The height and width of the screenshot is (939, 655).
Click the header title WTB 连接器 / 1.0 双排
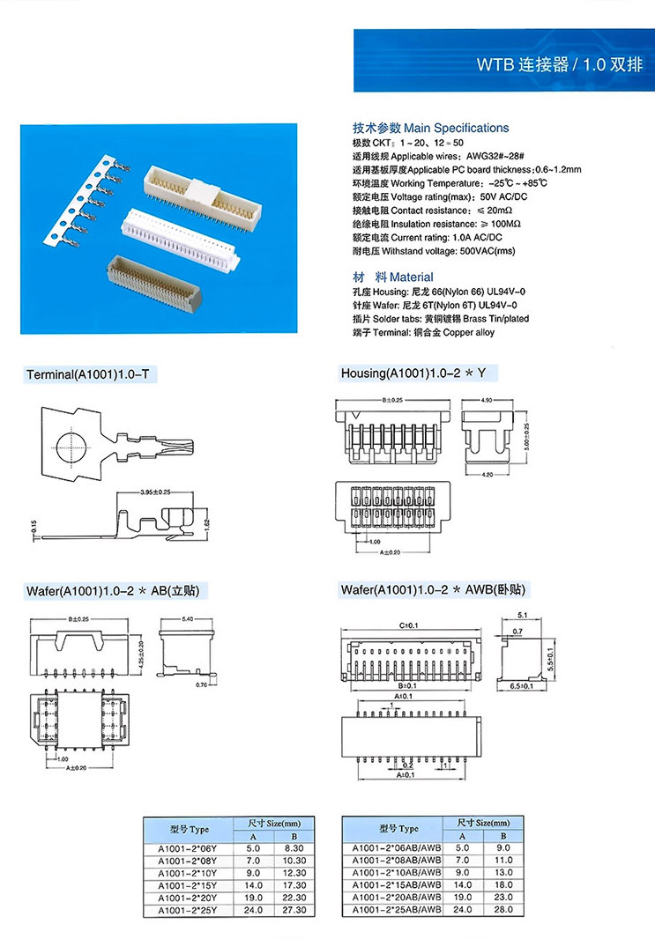(559, 64)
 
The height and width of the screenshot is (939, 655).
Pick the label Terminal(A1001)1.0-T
(92, 374)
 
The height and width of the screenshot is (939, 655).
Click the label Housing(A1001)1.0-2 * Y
(413, 374)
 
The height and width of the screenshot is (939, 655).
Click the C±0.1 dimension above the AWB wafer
(407, 626)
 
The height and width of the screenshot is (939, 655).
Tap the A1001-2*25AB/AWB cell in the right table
(397, 909)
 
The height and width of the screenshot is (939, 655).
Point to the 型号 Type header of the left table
(189, 829)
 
